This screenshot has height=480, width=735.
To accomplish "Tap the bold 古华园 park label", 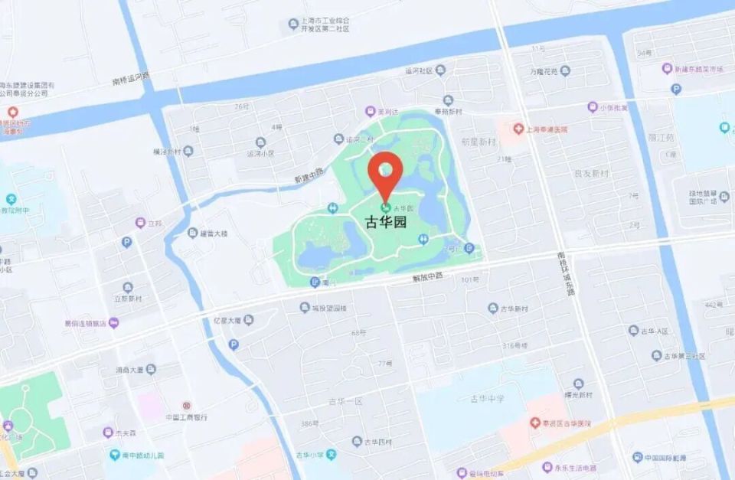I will tap(385, 223).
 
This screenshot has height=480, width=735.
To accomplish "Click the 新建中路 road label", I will tap(309, 175).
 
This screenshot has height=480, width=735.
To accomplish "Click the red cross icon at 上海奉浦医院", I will tap(518, 129).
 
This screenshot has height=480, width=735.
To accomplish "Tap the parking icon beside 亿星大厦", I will tap(234, 344).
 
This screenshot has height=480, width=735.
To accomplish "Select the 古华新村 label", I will tap(514, 309).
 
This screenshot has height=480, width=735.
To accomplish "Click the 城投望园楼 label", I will tap(328, 308).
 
